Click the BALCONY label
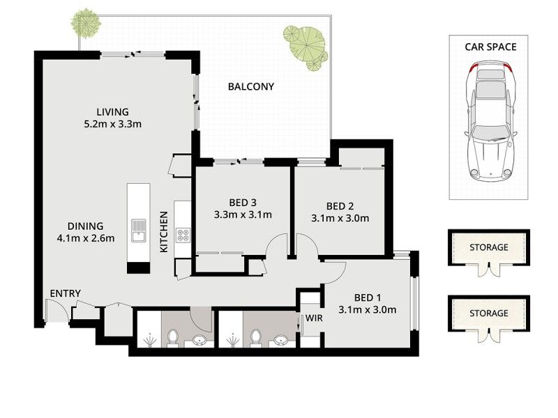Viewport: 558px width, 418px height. pos(251,87)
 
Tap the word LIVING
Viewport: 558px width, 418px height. pos(112,111)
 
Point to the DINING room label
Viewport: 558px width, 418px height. pos(85,226)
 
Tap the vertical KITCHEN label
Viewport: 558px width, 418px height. pos(165,232)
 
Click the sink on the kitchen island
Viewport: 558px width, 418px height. pos(138,229)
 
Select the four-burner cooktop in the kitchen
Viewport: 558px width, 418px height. pos(183,235)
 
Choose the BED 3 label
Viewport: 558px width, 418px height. pos(243,203)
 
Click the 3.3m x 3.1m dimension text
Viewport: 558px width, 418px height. pos(243,215)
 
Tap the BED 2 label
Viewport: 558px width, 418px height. pos(340,206)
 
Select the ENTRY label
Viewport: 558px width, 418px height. pos(65,293)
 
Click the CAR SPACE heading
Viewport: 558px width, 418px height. pos(490,47)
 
